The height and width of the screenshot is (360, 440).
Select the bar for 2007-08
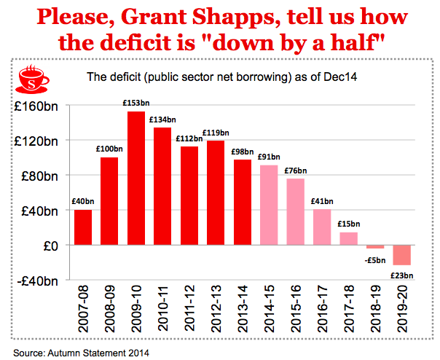pyautogui.click(x=83, y=227)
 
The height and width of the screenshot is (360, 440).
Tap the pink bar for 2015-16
pyautogui.click(x=295, y=211)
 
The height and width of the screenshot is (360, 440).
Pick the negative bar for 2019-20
pyautogui.click(x=401, y=255)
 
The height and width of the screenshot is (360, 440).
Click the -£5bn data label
pyautogui.click(x=376, y=259)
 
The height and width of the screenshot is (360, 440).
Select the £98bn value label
pyautogui.click(x=242, y=152)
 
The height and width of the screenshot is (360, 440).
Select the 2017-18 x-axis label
pyautogui.click(x=347, y=309)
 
